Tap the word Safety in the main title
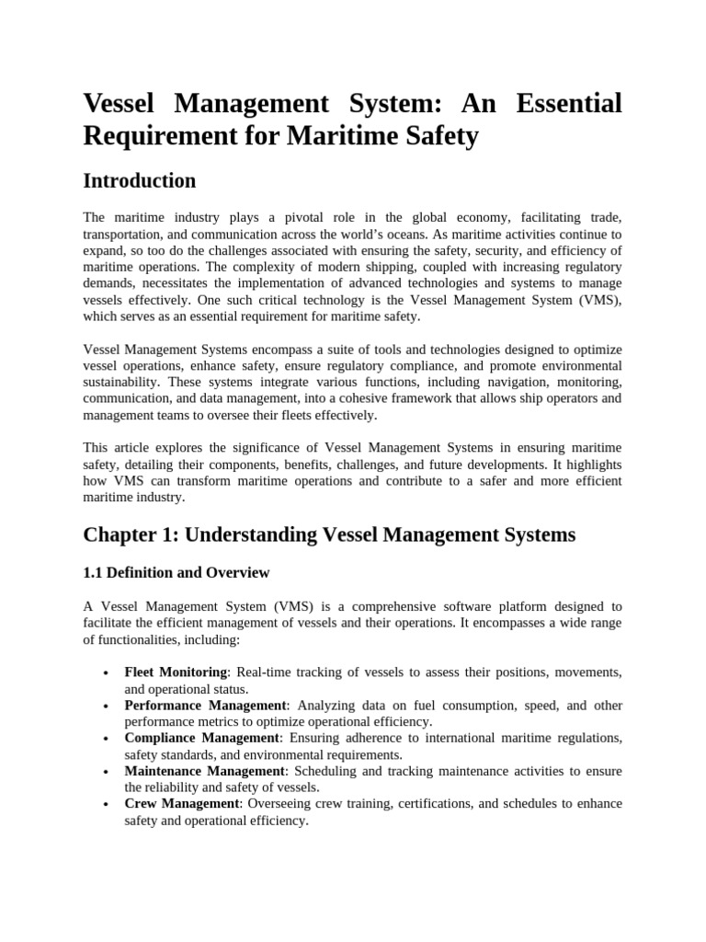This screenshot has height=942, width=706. (x=440, y=136)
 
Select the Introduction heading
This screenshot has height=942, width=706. (x=139, y=180)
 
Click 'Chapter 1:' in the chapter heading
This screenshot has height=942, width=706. (x=126, y=534)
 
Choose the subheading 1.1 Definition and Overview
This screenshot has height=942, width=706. (x=176, y=573)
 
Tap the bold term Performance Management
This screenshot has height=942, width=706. (x=206, y=706)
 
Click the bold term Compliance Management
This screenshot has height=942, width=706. (x=201, y=738)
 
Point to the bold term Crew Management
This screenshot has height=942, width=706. (x=181, y=804)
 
